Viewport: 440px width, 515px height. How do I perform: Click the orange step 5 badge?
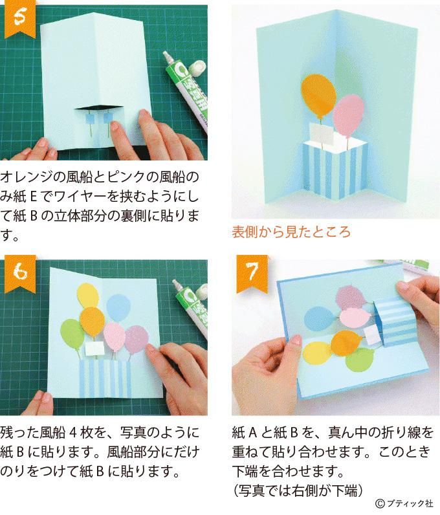[17, 19]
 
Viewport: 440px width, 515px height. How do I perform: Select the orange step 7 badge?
[250, 274]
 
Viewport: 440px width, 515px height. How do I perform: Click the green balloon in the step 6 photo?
[72, 333]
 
